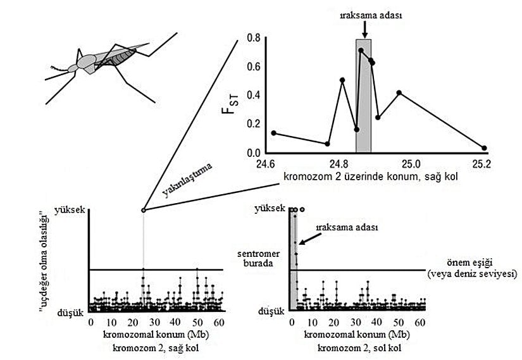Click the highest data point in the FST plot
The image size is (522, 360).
pos(361,51)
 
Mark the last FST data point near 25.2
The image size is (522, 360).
pos(484,148)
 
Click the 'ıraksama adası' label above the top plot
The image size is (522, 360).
pos(364,12)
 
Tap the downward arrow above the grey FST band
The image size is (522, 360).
pos(364,28)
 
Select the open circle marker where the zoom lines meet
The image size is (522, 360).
pos(143,210)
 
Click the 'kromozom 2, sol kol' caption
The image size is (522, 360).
pos(358,348)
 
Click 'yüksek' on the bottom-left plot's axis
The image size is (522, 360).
pos(69,209)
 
